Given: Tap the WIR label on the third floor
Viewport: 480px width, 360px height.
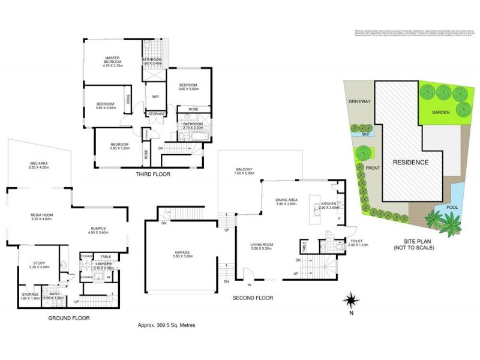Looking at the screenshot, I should point(155,96).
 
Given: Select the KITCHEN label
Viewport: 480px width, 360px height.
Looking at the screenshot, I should point(329,204).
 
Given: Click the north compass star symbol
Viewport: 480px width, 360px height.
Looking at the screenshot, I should point(351,298).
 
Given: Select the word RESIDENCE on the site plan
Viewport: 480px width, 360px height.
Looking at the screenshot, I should point(411,162).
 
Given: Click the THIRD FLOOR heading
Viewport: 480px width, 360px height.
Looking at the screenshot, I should point(154,174).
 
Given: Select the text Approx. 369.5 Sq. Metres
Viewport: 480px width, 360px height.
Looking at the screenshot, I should point(166,325).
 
